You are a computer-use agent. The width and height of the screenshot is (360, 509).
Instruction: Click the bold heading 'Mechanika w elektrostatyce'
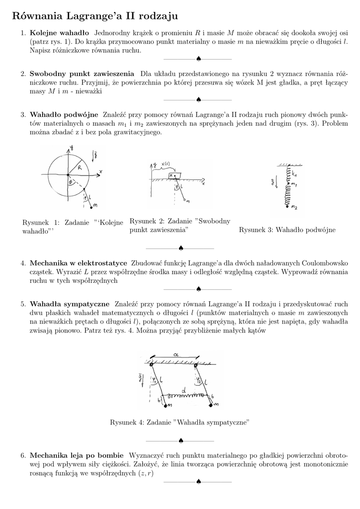coord(79,262)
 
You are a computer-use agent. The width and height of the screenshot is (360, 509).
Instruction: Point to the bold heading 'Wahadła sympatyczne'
coord(70,303)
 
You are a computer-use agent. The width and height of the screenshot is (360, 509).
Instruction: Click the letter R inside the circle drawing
coord(80,168)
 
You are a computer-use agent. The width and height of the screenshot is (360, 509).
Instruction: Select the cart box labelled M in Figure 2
coord(172,176)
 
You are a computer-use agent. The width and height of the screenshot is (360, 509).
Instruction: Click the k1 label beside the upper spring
coord(295,173)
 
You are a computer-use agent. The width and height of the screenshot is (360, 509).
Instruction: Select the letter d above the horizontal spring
coord(183,391)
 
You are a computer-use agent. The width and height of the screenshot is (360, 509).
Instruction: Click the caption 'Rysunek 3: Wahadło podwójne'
coord(287,230)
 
